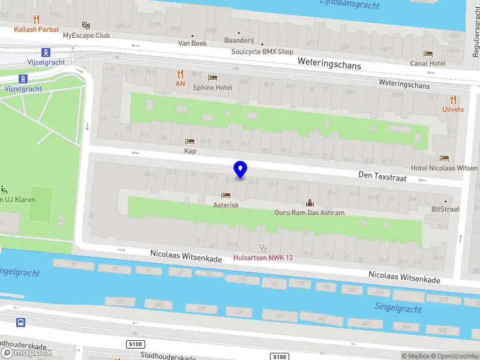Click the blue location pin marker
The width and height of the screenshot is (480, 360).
tap(241, 170)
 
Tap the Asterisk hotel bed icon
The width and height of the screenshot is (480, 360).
tap(226, 195)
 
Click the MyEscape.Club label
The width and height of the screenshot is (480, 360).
tap(86, 35)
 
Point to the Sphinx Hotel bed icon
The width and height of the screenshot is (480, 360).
tap(212, 77)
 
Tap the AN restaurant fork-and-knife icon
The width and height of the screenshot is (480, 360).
tap(180, 74)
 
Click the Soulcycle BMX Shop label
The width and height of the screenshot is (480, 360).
tap(262, 52)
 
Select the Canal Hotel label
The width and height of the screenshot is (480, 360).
tap(428, 63)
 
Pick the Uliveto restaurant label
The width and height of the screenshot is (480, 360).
tap(453, 109)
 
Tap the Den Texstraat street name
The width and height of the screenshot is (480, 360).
tap(382, 178)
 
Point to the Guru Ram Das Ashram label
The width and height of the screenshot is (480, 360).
tap(310, 212)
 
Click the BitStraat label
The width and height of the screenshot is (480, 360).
tap(445, 209)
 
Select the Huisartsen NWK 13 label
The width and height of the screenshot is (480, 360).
tap(262, 258)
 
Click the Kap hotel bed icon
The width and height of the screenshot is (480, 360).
tap(190, 142)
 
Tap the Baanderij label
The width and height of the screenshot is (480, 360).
tap(239, 41)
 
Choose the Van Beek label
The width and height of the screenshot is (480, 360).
tap(193, 43)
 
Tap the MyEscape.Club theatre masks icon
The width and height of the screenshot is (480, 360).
tap(86, 26)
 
